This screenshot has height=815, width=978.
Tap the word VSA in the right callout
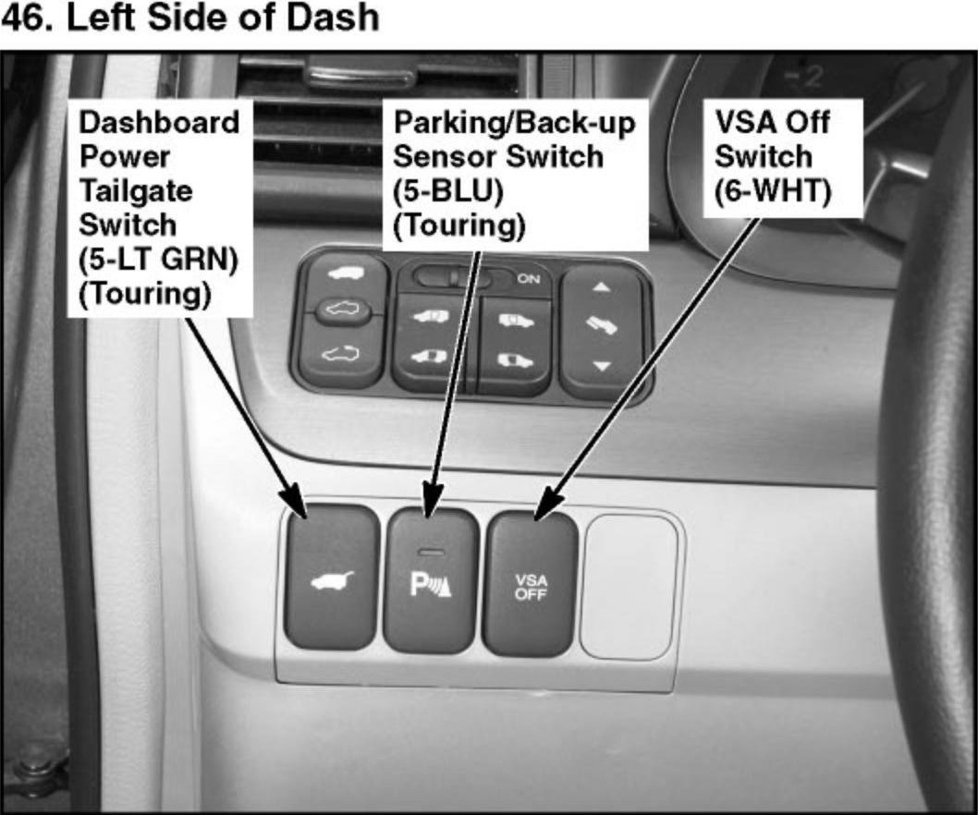745,122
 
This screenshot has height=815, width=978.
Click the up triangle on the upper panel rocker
602,288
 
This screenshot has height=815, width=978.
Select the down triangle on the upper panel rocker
603,367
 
